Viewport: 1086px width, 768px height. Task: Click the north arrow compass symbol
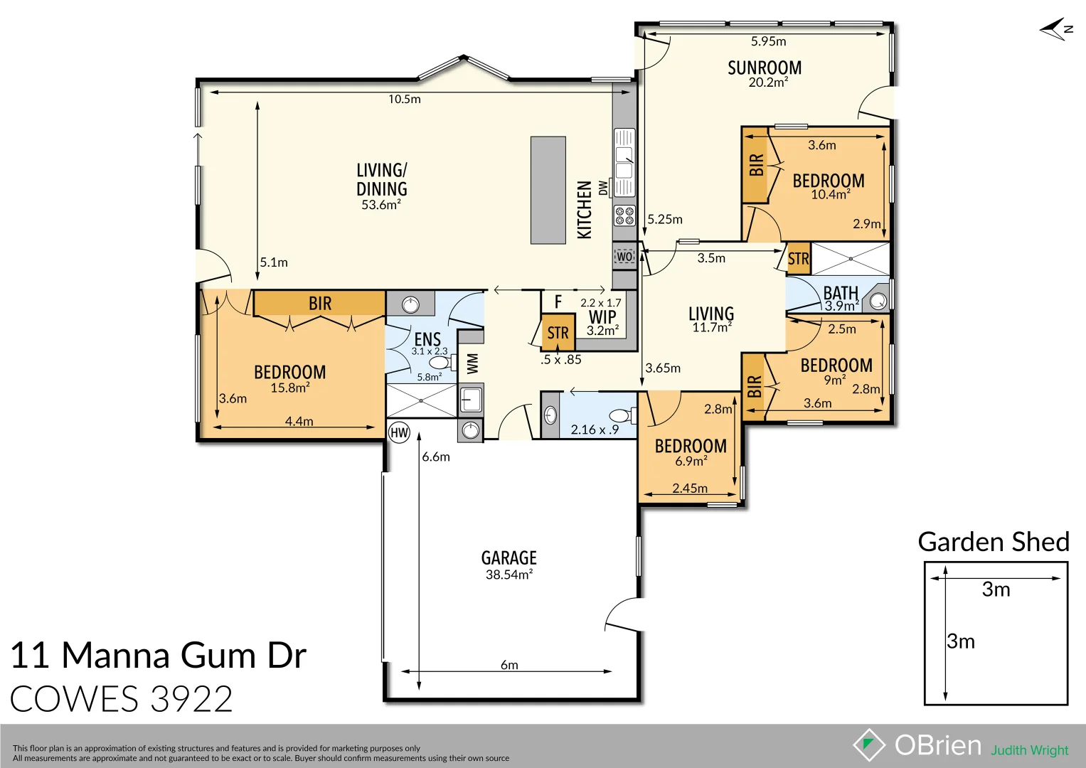click(1055, 29)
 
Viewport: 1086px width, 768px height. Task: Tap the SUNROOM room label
click(765, 68)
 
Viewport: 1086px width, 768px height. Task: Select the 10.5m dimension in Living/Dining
click(404, 100)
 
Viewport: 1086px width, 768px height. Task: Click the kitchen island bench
click(548, 190)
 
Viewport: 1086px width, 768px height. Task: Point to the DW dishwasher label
click(603, 188)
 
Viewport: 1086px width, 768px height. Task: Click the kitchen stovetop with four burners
click(624, 215)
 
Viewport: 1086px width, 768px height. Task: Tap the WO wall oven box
click(624, 256)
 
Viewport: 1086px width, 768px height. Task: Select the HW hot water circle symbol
click(400, 432)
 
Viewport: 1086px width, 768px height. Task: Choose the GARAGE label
click(509, 558)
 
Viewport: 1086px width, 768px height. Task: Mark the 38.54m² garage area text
click(509, 575)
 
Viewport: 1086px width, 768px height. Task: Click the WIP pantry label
click(602, 317)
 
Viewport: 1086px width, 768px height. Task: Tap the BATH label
click(841, 293)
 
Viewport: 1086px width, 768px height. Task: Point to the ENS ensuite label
click(427, 339)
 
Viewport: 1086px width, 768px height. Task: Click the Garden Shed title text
click(994, 542)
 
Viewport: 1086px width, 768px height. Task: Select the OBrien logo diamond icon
click(869, 745)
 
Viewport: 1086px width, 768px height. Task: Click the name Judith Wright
click(1029, 750)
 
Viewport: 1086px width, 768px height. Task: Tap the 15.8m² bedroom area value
click(289, 388)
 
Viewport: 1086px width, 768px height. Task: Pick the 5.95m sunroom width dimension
click(768, 41)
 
